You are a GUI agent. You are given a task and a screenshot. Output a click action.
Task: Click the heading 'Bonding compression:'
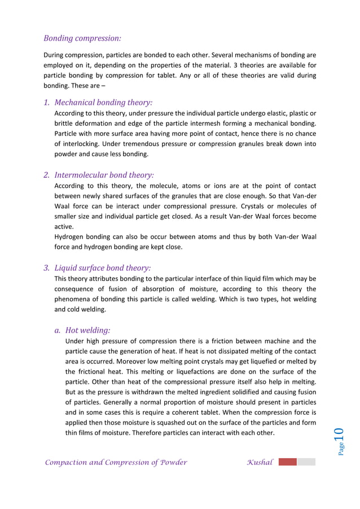(82, 38)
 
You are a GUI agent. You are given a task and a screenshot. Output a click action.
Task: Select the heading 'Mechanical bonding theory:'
(103, 103)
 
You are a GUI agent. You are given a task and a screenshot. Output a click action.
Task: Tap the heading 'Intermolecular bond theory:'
(104, 175)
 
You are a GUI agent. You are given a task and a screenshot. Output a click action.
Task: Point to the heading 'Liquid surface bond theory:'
(102, 268)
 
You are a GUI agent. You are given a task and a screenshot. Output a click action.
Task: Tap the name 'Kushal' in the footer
(260, 462)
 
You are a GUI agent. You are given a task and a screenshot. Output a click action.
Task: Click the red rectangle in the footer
(287, 462)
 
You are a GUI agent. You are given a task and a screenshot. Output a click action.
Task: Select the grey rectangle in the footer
(306, 462)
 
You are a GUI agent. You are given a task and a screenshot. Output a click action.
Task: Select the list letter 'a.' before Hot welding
(58, 330)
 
